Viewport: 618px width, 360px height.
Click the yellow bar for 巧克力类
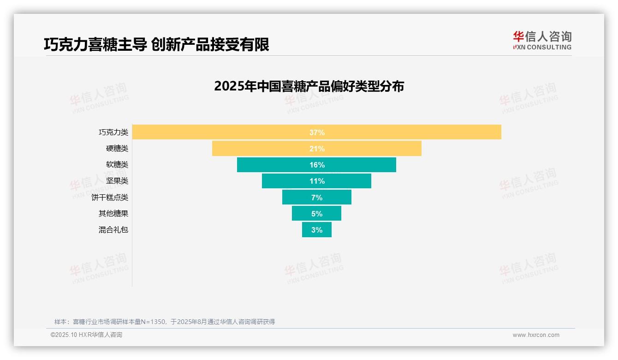point(415,132)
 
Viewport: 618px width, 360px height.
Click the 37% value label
point(317,132)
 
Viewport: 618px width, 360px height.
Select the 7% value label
point(317,198)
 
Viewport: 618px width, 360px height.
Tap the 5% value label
point(317,214)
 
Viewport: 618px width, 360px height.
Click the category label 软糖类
point(117,165)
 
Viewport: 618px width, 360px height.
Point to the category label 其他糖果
point(113,214)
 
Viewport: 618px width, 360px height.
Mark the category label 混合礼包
point(113,230)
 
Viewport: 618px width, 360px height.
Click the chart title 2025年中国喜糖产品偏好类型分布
point(309,86)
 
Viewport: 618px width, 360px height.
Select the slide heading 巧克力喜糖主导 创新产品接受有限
point(156,44)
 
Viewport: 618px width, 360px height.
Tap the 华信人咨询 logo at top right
point(542,40)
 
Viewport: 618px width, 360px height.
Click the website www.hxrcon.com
point(536,335)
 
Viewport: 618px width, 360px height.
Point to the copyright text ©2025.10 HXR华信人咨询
point(86,335)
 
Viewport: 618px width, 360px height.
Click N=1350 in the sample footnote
point(150,322)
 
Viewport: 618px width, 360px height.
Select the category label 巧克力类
point(113,132)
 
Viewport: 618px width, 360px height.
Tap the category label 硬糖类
point(117,149)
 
